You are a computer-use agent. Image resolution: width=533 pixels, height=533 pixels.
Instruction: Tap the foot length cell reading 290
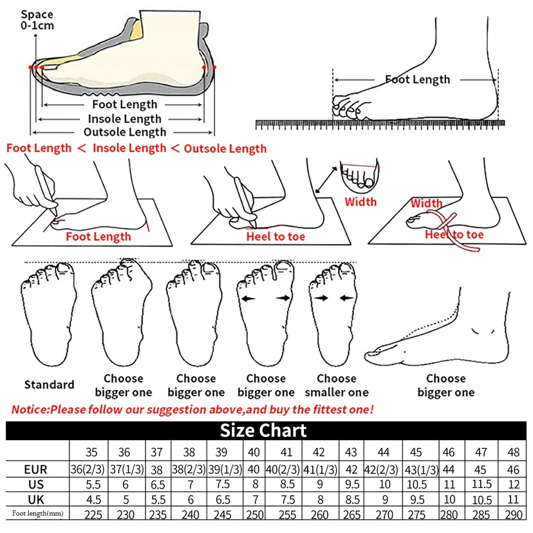tap(514, 514)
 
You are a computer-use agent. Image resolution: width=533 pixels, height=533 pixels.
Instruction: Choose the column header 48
tap(514, 452)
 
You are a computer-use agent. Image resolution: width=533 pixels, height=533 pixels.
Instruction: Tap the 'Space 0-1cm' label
tap(37, 19)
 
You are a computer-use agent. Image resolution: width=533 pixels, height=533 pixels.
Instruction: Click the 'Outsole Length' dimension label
tap(125, 132)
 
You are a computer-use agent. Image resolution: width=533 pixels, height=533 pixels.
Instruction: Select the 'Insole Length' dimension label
tap(124, 118)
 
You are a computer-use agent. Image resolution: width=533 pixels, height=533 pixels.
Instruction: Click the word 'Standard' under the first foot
tap(50, 385)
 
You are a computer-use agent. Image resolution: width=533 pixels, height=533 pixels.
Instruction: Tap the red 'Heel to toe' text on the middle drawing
tap(276, 237)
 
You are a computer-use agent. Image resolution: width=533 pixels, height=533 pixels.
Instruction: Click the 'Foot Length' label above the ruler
tap(417, 80)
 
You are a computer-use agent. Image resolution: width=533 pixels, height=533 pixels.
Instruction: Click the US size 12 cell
tap(514, 483)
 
